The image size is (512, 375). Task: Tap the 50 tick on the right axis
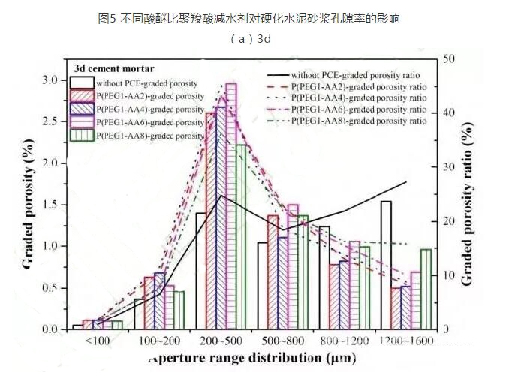click(x=445, y=58)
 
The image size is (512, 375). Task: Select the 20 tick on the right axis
click(x=445, y=221)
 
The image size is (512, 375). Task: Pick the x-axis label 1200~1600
click(x=406, y=341)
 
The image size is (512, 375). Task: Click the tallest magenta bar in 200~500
click(x=231, y=206)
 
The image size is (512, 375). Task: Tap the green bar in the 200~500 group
click(x=241, y=236)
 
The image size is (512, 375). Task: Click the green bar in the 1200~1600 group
click(x=426, y=289)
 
